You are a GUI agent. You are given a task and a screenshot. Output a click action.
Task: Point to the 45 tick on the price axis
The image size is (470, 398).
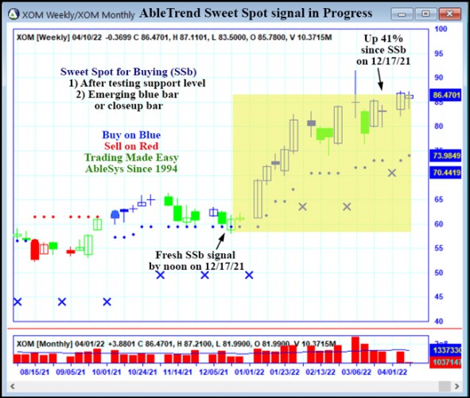pos(440,296)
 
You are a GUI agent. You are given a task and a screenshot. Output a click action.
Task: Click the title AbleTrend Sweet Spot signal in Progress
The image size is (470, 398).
pos(255,14)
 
